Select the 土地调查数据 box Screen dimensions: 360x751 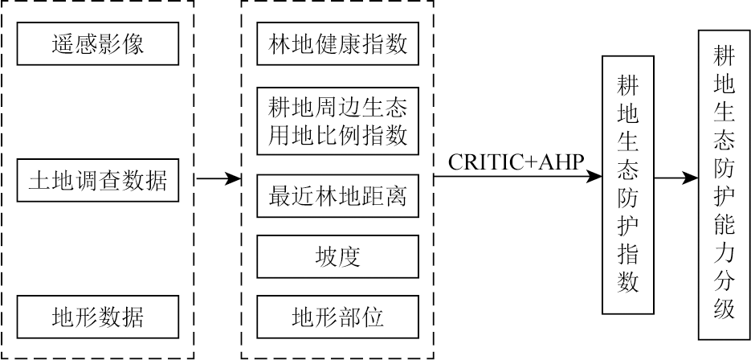pos(97,179)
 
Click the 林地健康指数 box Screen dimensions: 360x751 pos(337,43)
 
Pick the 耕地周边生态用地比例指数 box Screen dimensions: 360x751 pos(337,120)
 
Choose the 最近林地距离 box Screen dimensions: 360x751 pos(337,196)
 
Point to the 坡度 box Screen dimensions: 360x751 pos(337,256)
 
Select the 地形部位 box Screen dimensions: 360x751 pos(337,316)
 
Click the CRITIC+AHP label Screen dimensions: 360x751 pos(514,162)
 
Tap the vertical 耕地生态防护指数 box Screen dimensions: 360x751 pos(628,185)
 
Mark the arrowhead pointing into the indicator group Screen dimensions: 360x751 pos(235,179)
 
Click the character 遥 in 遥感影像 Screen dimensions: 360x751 pos(61,43)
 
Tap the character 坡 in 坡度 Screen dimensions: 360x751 pos(326,256)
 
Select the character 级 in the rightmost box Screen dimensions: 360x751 pos(724,309)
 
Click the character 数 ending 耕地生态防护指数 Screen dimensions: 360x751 pos(628,282)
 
